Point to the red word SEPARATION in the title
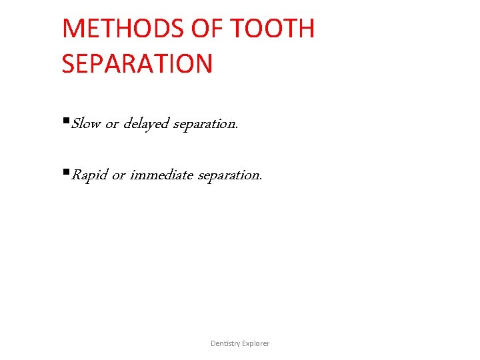tap(137, 64)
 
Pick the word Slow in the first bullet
tap(86, 124)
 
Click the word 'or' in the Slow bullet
tap(112, 125)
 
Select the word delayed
tap(146, 125)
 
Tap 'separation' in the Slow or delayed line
tap(203, 125)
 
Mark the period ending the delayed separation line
tap(236, 127)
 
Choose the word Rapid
tap(89, 175)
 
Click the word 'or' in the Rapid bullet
tap(119, 176)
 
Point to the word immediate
tap(161, 175)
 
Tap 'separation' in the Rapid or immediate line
tap(229, 175)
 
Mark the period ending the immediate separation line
tap(261, 179)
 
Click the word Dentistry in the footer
tap(225, 343)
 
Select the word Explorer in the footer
tap(256, 343)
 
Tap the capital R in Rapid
tap(75, 175)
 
